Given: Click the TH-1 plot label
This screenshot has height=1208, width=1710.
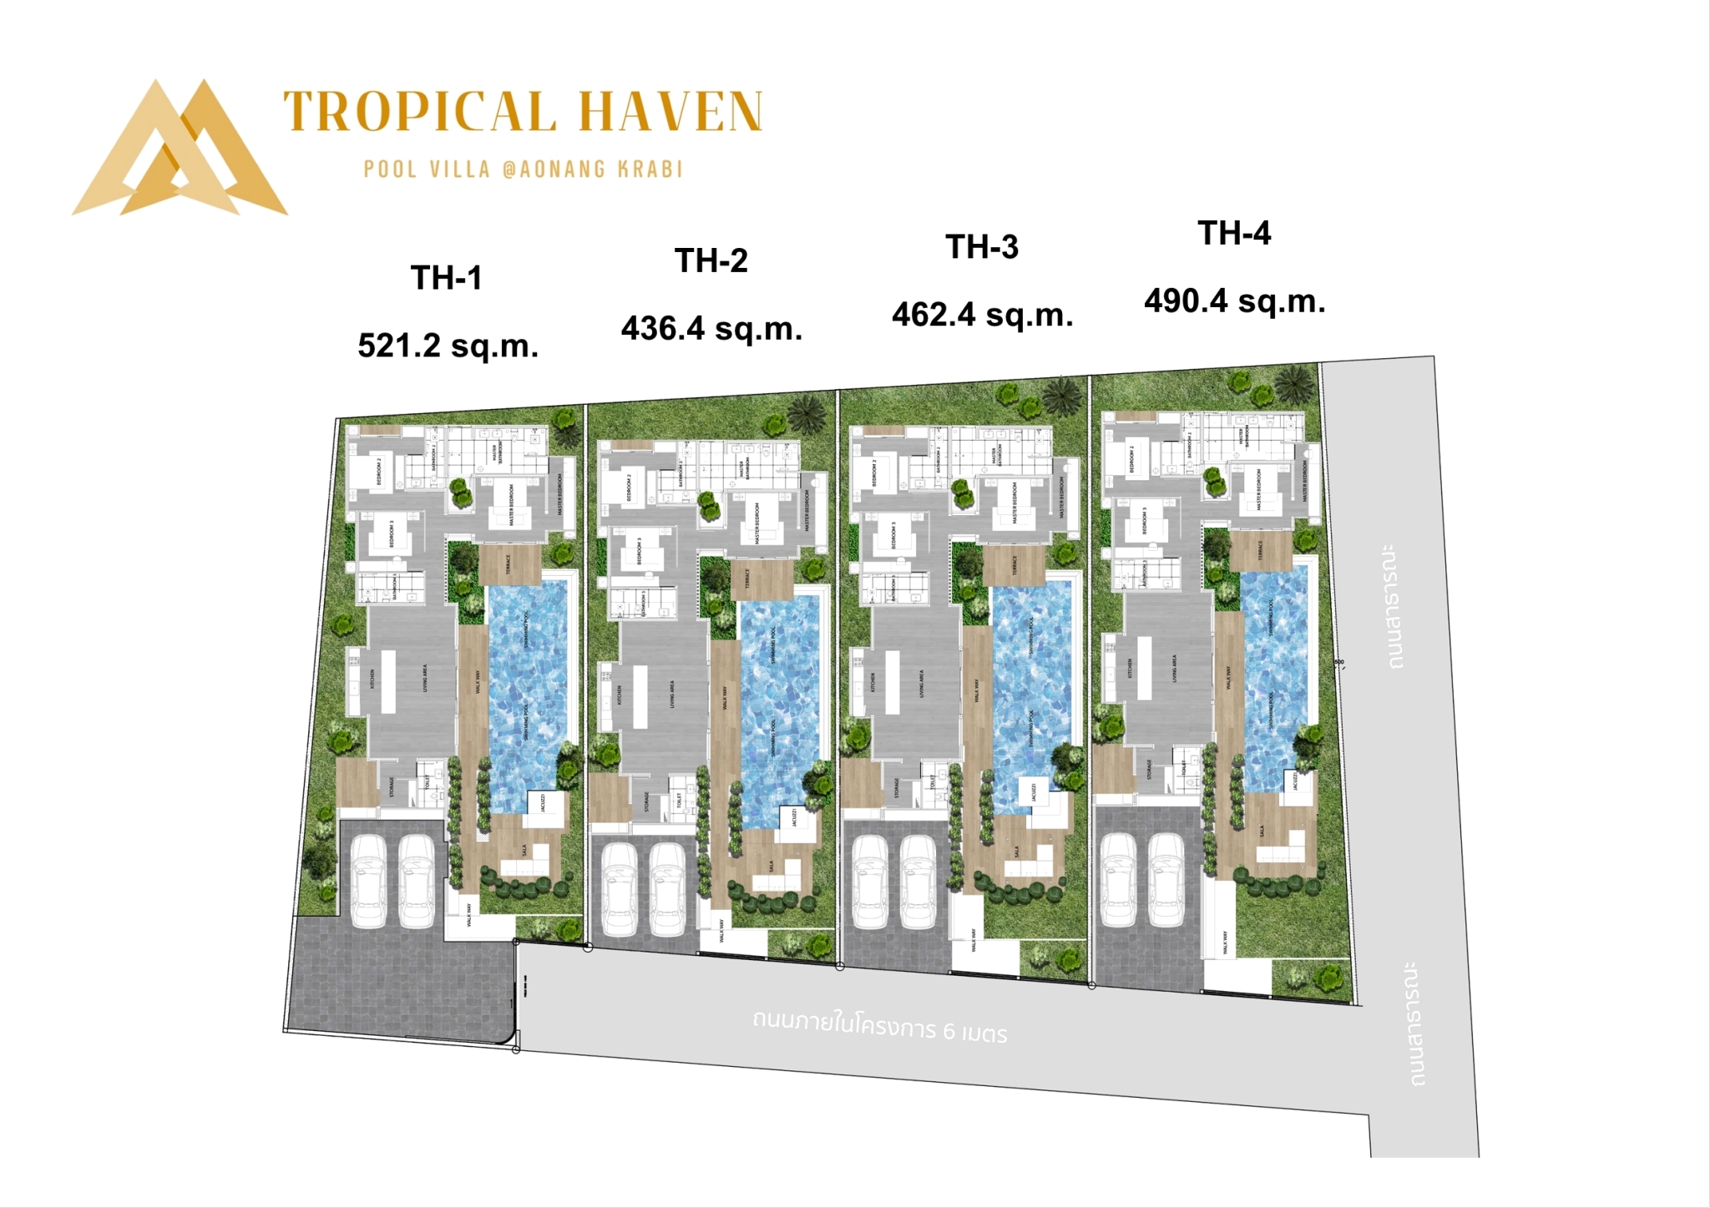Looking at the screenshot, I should tap(447, 278).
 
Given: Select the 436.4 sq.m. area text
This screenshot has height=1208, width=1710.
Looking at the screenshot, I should tap(711, 329).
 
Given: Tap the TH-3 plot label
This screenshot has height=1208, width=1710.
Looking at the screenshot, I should tap(982, 247).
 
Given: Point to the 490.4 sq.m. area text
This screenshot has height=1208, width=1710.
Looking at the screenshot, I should tap(1234, 301).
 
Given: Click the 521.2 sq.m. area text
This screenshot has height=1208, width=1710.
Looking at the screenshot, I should tap(448, 346).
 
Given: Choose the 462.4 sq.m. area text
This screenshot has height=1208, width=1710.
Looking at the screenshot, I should tap(982, 315).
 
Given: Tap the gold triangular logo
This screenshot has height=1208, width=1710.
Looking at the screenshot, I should tap(180, 150).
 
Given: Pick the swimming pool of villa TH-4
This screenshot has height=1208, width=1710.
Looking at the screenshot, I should tap(1273, 660).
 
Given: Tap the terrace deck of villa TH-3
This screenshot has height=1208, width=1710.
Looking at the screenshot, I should tap(1014, 564).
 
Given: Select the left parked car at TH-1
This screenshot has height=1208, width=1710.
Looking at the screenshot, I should tap(368, 881).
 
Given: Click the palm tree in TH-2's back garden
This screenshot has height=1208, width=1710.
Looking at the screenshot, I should tap(807, 412).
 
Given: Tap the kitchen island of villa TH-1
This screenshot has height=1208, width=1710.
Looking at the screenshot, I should tap(388, 680).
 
